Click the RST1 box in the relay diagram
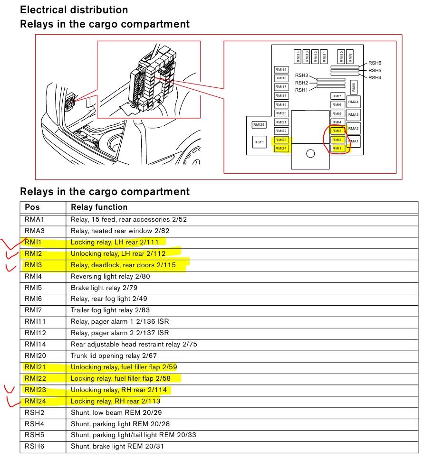pos(259,142)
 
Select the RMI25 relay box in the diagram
pos(259,124)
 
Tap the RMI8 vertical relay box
pos(353,87)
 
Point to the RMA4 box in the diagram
pos(353,102)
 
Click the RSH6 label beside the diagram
pos(375,63)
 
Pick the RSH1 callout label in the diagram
pos(301,90)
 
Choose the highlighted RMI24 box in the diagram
pos(281,149)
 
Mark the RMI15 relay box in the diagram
pos(281,69)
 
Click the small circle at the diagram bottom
pos(310,153)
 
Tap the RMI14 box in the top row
pos(298,56)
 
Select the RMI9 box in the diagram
pos(350,56)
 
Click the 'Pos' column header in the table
pos(32,207)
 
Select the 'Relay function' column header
pos(99,207)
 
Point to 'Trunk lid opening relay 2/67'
pos(114,356)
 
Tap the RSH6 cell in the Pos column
pos(34,446)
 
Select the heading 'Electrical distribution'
pos(74,9)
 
